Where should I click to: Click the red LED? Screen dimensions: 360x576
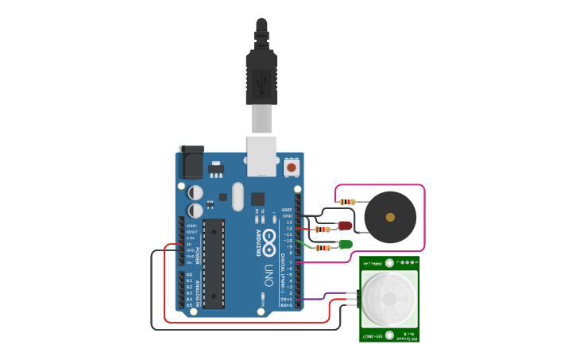point(345,226)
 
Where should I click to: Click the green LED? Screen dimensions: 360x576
point(345,244)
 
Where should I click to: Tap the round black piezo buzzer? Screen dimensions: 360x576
point(389,216)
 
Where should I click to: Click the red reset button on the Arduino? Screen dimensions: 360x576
point(292,167)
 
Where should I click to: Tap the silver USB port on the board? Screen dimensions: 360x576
point(261,155)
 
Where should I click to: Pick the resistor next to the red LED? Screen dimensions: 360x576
point(323,230)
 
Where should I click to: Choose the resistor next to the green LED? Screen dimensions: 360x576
point(323,248)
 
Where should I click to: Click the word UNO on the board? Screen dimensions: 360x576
point(269,275)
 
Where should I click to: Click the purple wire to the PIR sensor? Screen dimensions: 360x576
point(326,296)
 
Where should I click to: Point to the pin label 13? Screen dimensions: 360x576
point(289,222)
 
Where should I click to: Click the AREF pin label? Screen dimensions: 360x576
point(287,210)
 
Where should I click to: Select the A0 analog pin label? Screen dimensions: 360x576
point(188,274)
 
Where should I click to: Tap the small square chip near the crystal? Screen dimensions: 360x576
point(257,199)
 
